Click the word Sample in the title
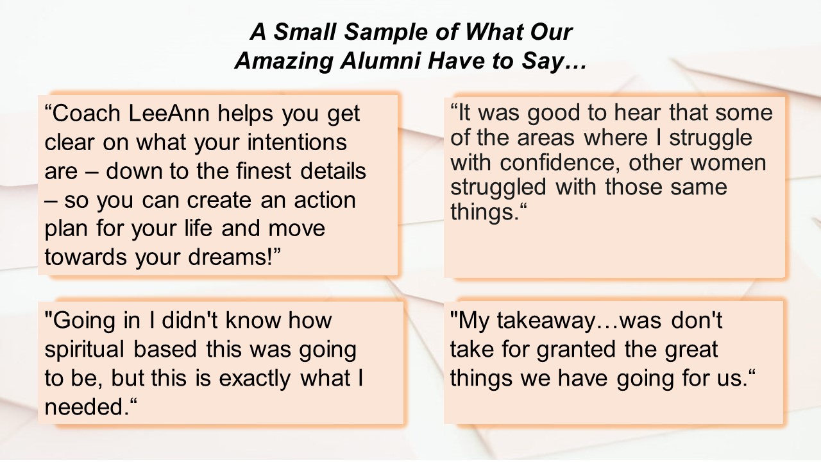pos(386,32)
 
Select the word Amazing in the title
pos(284,61)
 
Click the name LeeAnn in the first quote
pos(169,114)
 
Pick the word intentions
pos(297,142)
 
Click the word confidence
pos(560,162)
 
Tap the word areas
pos(546,139)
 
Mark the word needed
pos(87,407)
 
